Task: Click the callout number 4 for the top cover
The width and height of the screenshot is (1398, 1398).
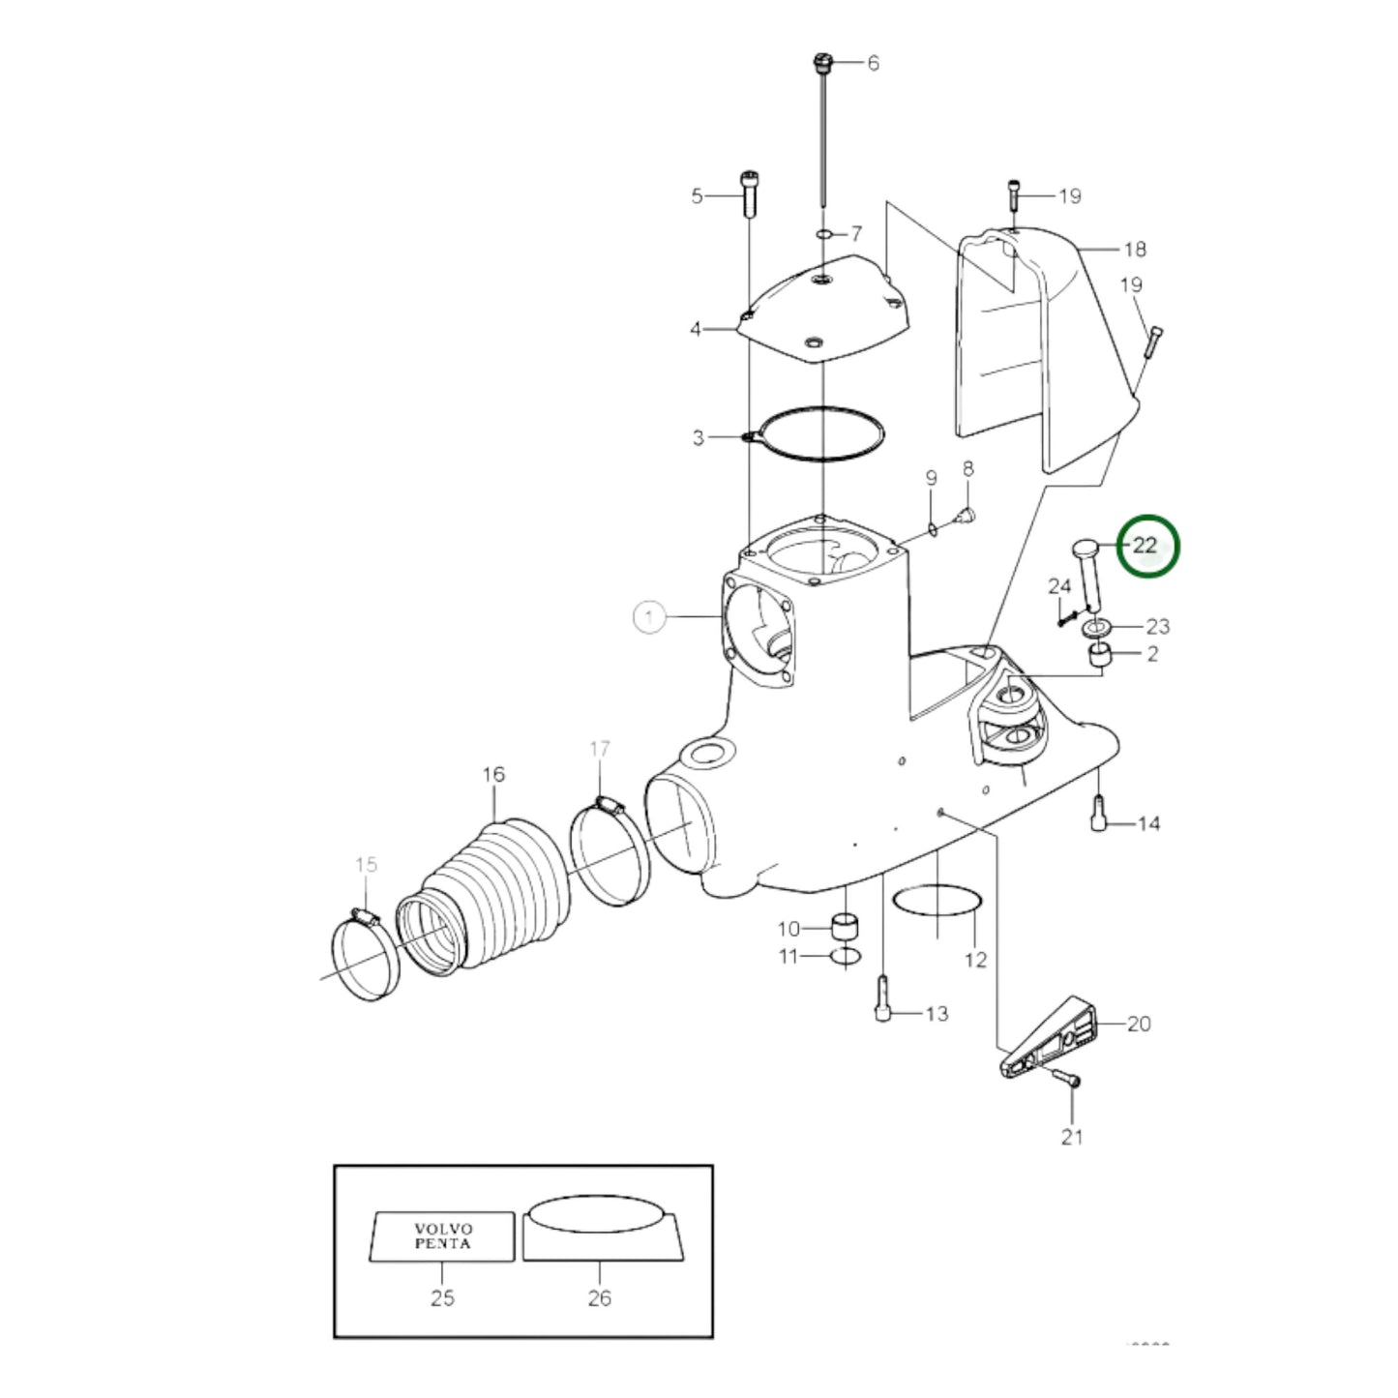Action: pos(696,330)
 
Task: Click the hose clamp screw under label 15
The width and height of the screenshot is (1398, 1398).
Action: pos(365,914)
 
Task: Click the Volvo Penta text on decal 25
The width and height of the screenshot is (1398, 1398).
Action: pos(442,1236)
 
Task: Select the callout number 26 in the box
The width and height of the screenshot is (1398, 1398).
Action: pos(599,1298)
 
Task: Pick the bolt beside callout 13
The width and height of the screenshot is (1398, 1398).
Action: pos(881,999)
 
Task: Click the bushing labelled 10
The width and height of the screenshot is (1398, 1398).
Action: pos(846,924)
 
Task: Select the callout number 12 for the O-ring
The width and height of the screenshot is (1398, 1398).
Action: pos(975,959)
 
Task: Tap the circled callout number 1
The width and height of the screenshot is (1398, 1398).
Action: pos(650,616)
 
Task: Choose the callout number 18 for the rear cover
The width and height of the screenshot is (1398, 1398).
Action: pos(1134,250)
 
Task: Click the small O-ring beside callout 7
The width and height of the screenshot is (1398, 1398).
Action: pos(822,234)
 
